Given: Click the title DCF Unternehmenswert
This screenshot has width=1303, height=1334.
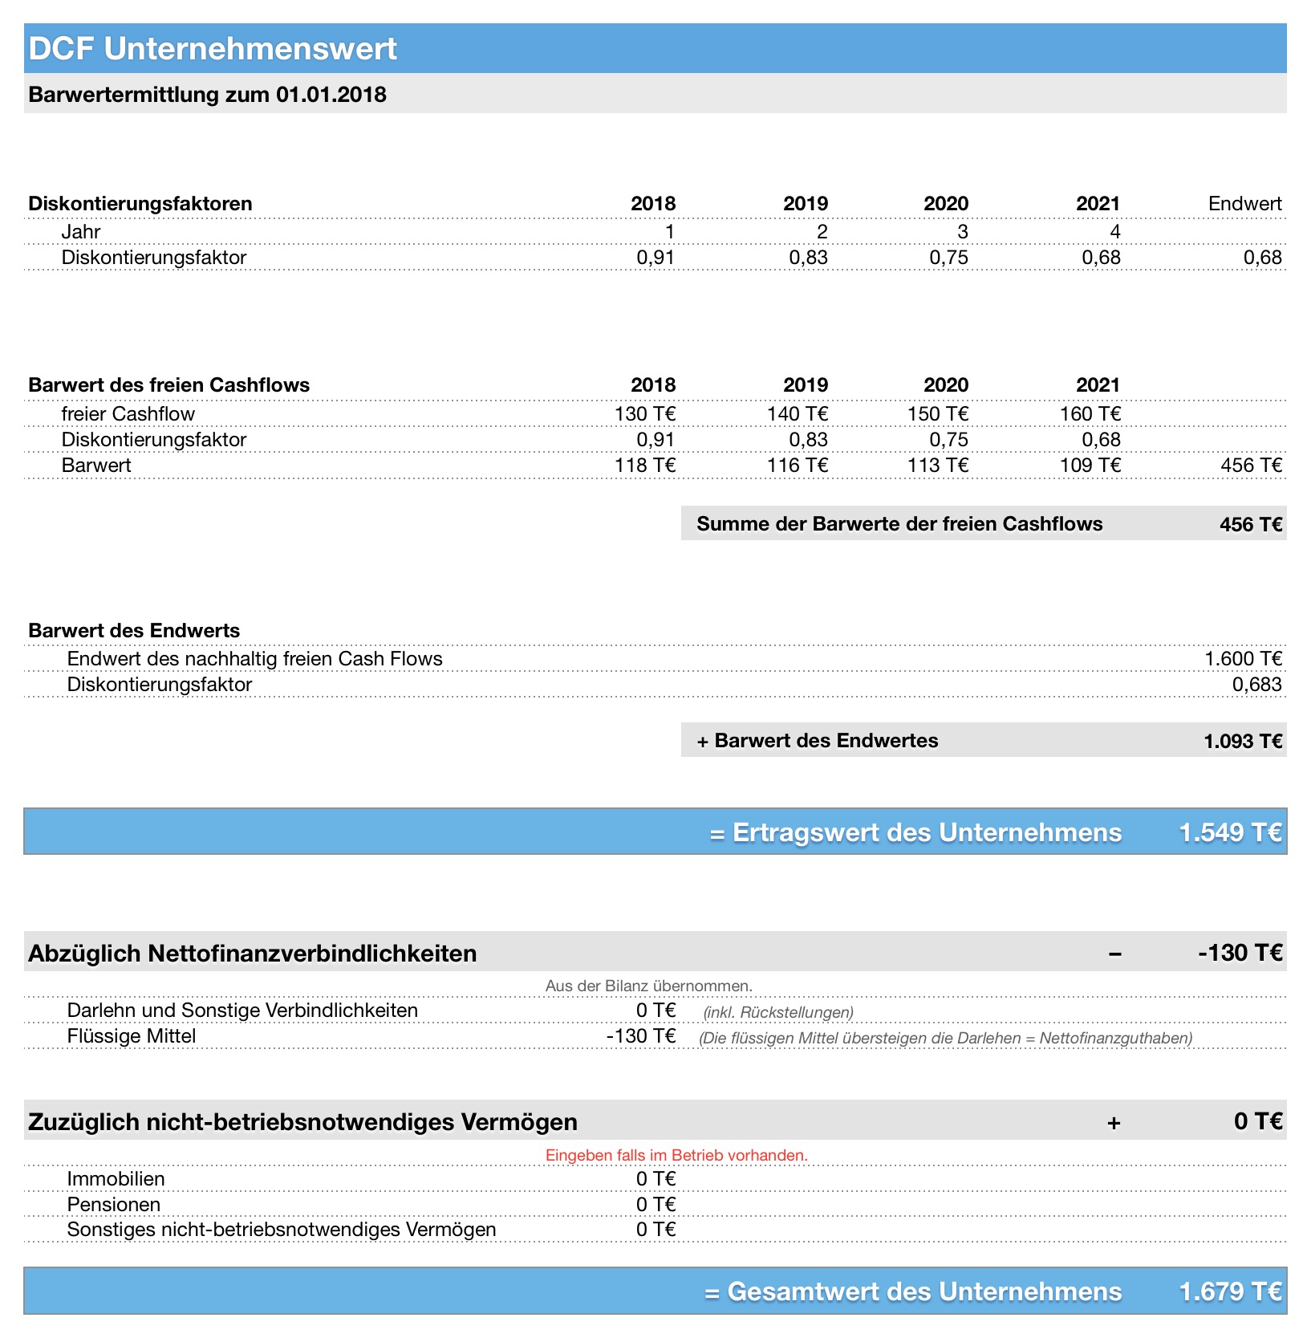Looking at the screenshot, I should click(213, 49).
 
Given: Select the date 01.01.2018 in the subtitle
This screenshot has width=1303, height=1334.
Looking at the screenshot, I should click(331, 95).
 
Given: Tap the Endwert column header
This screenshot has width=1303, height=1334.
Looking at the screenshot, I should click(1244, 204).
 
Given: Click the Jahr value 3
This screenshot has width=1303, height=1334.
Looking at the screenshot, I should click(962, 232).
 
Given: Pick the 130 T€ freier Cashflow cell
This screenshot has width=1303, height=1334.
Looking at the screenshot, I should click(645, 414).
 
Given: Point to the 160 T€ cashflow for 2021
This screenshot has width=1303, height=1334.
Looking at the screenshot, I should click(1090, 414).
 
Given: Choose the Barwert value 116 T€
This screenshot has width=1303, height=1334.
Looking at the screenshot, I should click(797, 466).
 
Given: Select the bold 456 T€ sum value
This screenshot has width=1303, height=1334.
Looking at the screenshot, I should click(1251, 525).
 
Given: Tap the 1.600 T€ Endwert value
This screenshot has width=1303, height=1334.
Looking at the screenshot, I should click(1243, 659).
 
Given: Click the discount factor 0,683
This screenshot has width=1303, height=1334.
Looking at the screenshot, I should click(1256, 685).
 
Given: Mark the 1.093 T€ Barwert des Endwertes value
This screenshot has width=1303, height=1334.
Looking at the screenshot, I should click(1243, 741).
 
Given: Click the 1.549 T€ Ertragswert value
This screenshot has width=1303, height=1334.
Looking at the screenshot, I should click(1230, 832).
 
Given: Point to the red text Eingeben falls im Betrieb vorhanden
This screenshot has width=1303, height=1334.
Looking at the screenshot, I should click(676, 1156).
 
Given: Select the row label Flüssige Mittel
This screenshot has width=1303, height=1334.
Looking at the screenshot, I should click(132, 1036).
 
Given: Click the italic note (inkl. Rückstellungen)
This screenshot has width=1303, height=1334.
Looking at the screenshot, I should click(778, 1012).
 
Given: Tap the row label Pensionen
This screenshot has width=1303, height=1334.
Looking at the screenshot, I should click(114, 1205).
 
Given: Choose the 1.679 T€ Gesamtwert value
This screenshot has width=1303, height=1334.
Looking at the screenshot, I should click(1230, 1291).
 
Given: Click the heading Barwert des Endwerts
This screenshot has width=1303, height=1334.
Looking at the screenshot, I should click(134, 631).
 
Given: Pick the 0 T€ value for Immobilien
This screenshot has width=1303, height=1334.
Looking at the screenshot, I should click(656, 1179).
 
